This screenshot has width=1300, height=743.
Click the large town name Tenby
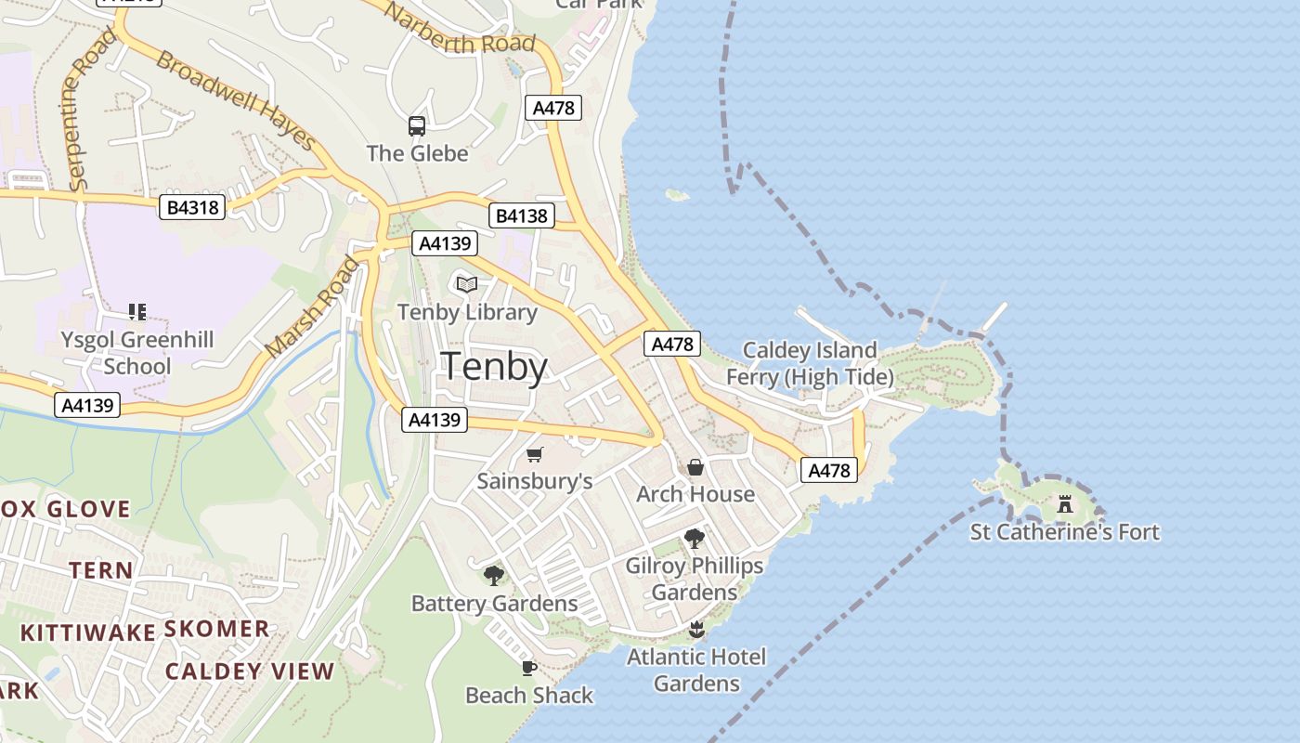coord(494,367)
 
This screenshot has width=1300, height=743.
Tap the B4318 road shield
coord(194,207)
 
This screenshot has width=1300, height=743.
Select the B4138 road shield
coord(522,216)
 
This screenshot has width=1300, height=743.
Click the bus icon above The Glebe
coord(417,126)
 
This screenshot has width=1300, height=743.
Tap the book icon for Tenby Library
coord(467,284)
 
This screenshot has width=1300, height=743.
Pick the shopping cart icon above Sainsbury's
coord(534,454)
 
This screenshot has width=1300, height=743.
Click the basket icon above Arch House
coord(695,467)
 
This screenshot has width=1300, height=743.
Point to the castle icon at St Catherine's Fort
coord(1065,505)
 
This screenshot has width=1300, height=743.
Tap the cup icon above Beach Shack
coord(528,668)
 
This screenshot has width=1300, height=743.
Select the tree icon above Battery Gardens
coord(494,576)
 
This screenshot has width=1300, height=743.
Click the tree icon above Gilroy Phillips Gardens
coord(694,539)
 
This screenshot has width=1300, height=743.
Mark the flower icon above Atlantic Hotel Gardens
coord(696,631)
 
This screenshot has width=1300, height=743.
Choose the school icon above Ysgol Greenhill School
coord(137,312)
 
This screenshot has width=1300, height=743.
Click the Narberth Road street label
coord(460,31)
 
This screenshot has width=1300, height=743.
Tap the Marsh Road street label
coord(312,306)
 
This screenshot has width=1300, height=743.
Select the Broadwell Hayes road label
coord(236,99)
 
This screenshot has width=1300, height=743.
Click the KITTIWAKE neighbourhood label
coord(88,632)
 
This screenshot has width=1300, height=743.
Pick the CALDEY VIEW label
coord(250,671)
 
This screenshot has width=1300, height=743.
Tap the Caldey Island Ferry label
coord(810,363)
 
